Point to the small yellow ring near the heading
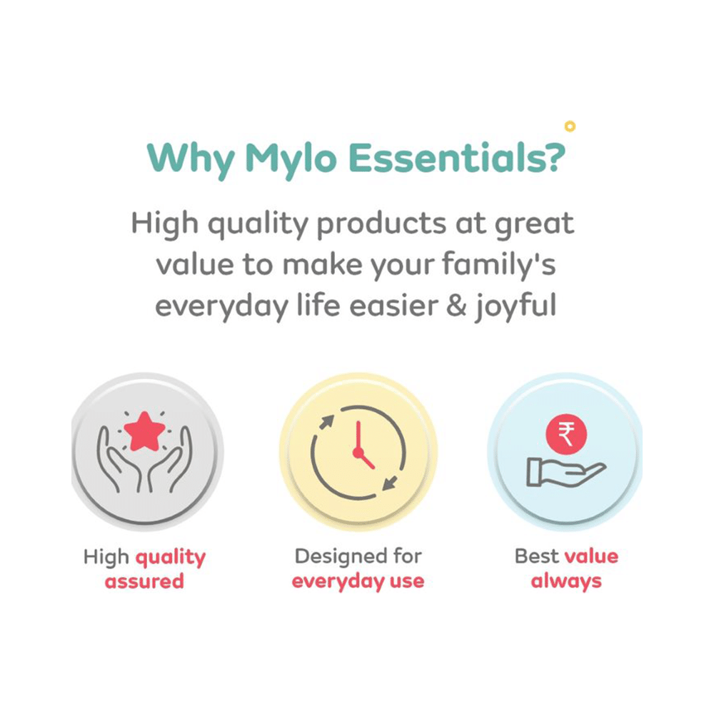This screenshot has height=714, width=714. click(x=569, y=126)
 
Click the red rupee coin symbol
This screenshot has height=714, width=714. click(x=565, y=434)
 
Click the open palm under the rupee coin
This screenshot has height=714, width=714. click(x=564, y=471)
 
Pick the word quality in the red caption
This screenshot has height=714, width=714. click(x=171, y=558)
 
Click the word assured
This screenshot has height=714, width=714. click(x=144, y=581)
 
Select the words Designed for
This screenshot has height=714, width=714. click(x=358, y=556)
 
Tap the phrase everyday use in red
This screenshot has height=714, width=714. click(x=358, y=580)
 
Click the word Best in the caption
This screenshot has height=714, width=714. click(x=536, y=556)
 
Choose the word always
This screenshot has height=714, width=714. click(x=565, y=580)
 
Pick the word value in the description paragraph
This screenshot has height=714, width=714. click(x=196, y=265)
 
